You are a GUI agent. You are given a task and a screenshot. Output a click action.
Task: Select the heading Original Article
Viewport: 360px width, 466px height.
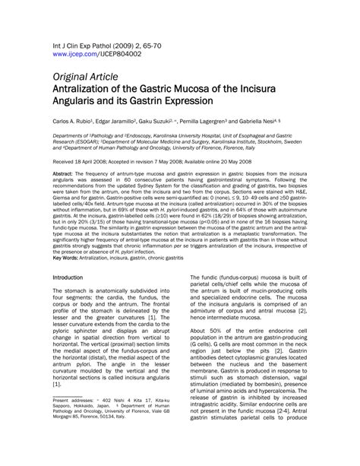click(x=85, y=77)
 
